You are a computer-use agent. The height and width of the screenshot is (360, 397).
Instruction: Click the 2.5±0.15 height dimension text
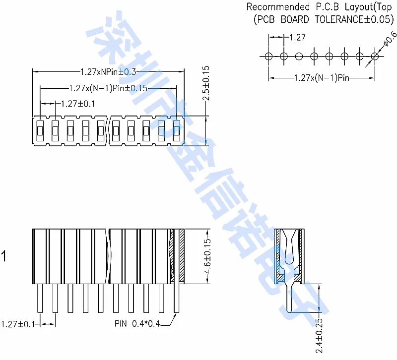206,83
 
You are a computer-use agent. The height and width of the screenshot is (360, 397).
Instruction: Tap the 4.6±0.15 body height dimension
208,256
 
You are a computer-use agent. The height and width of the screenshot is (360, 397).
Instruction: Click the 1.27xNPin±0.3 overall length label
108,72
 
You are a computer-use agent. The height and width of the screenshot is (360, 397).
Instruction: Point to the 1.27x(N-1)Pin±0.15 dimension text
108,88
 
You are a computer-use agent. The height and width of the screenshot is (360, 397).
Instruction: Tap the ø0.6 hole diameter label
390,41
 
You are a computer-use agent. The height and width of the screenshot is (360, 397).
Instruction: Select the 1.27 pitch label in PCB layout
297,37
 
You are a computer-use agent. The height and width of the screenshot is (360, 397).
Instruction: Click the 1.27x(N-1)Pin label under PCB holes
323,78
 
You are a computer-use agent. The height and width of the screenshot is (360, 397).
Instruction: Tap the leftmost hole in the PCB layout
268,56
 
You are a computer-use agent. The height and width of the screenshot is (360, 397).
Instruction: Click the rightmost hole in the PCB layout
375,56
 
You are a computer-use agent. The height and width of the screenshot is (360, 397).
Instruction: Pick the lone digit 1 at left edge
4,257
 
